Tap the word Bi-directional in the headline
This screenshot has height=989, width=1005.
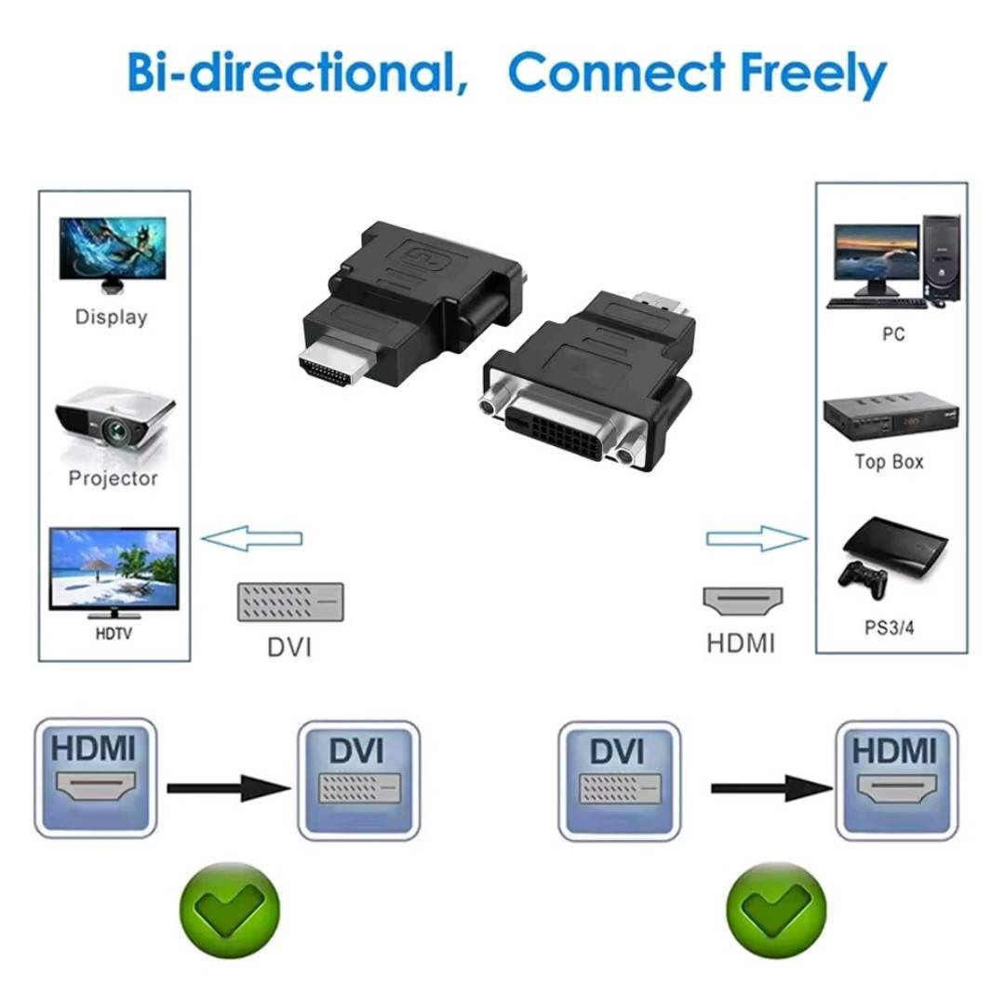(298, 71)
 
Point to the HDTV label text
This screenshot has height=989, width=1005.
(114, 633)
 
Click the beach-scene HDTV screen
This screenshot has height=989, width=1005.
(114, 569)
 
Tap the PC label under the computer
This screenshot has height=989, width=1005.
(892, 334)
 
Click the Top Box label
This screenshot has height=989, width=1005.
(889, 462)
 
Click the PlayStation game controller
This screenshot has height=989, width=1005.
(863, 579)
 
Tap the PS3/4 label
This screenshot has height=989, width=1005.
(889, 628)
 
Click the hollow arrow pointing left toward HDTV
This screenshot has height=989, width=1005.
(251, 539)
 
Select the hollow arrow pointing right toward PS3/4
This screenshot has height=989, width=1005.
(757, 538)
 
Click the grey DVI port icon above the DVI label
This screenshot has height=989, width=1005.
(290, 603)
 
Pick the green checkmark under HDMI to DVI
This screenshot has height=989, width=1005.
(230, 911)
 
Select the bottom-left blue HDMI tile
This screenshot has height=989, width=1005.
(96, 778)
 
